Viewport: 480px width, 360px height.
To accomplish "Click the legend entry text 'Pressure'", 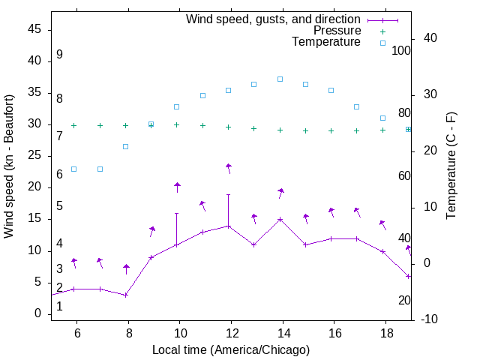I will [337, 31].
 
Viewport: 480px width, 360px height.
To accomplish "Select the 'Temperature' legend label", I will [326, 42].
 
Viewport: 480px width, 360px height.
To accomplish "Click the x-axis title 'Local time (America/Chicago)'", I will [231, 349].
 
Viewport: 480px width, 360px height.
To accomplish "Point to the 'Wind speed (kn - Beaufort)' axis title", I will [9, 166].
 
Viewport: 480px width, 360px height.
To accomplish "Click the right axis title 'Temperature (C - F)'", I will [451, 166].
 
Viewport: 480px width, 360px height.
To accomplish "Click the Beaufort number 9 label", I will [59, 55].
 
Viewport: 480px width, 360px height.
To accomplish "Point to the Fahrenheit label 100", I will [401, 51].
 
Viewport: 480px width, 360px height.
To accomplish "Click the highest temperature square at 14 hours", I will [280, 79].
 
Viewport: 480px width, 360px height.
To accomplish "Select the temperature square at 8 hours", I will [126, 146].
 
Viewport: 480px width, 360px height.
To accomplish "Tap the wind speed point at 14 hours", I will [280, 220].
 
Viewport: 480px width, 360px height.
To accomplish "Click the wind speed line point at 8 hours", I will [126, 295].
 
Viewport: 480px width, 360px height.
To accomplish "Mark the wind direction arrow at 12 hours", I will [229, 169].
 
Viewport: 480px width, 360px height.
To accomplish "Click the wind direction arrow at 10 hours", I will [178, 187].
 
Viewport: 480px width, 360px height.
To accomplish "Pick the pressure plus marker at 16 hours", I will [331, 130].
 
